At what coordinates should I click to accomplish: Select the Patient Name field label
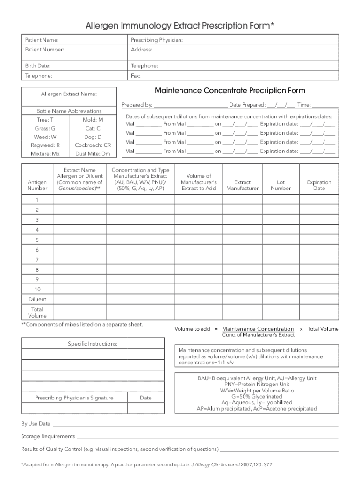42,40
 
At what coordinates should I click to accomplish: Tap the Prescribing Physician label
157,40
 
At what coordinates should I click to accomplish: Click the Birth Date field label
38,66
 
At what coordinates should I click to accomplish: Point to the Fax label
136,75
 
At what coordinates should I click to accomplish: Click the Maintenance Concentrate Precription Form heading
230,90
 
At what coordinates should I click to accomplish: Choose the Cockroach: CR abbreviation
93,145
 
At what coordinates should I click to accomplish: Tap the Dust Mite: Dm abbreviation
93,153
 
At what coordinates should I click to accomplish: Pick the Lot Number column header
281,185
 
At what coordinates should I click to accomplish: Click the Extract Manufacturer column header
242,185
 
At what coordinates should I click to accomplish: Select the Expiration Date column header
319,185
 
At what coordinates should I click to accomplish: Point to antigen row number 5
37,239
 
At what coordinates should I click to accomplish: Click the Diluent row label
37,299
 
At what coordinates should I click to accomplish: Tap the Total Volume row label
37,312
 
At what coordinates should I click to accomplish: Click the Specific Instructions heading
93,344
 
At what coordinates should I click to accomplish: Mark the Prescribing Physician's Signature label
74,398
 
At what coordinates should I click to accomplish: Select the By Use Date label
36,424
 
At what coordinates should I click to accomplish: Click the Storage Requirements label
48,436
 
